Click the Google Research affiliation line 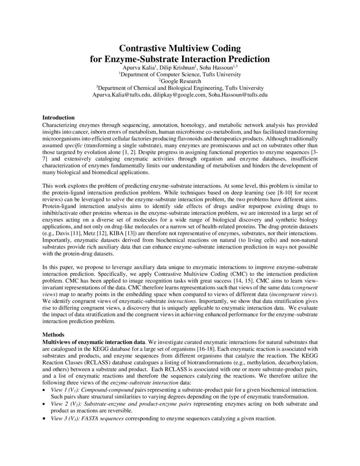[180, 80]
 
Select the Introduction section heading [58, 117]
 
